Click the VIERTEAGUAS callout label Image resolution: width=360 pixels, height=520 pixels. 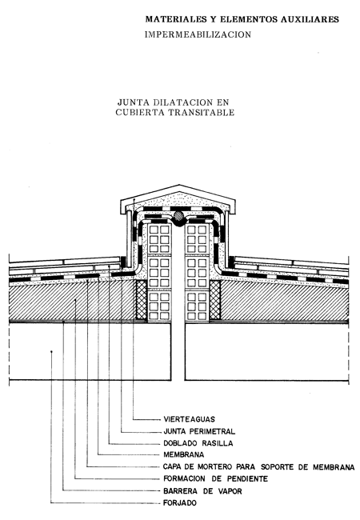pos(190,419)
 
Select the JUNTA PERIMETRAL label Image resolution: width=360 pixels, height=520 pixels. pos(199,431)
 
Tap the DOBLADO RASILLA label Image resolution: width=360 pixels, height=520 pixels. pos(198,443)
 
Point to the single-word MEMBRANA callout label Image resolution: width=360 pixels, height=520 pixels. pos(184,454)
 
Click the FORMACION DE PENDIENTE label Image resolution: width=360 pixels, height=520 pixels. pos(215,479)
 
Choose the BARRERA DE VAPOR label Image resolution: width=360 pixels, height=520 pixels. pos(202,491)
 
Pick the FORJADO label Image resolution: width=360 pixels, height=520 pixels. pos(180,503)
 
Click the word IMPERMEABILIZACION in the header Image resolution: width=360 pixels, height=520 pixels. pos(198,34)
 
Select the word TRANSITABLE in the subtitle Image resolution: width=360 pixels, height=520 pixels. pos(202,113)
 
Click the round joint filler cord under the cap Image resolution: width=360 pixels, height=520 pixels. pos(178,217)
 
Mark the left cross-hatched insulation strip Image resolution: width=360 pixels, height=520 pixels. pos(142,300)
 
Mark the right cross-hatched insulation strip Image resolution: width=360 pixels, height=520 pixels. pos(215,300)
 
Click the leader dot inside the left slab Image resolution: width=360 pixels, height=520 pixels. pos(51,351)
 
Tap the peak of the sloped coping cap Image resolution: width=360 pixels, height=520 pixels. pos(179,185)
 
